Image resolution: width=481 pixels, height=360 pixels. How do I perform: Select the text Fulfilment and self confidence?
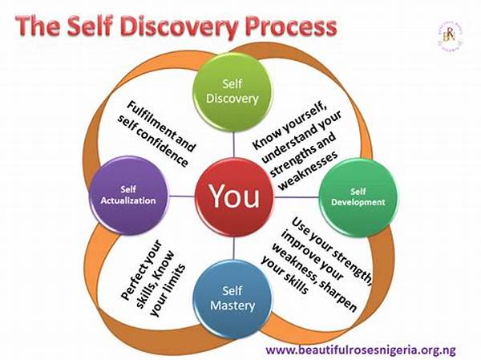[x=160, y=132]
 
